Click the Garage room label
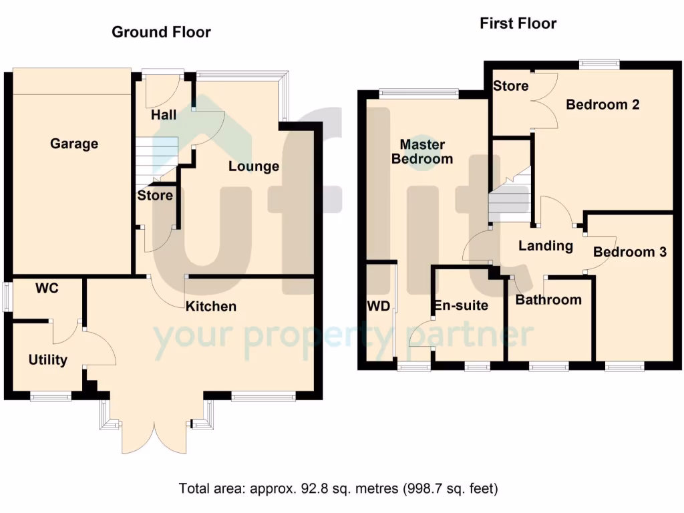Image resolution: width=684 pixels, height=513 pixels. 74,144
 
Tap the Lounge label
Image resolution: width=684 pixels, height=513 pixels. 254,166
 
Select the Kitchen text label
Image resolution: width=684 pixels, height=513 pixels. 211,307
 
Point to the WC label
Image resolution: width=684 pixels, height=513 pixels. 47,289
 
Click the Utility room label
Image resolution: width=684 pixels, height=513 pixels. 48,360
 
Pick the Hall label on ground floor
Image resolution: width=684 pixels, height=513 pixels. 164,115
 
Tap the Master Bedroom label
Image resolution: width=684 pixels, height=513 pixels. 421,152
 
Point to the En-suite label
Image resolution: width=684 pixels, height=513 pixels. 461,306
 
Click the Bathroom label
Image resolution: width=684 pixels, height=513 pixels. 548,299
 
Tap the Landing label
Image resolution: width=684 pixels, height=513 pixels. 546,246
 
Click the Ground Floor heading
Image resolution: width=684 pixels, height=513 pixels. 161,31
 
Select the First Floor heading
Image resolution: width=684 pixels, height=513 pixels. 518,23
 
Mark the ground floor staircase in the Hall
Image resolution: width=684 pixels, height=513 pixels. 158,160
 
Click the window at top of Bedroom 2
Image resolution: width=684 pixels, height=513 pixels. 598,64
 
